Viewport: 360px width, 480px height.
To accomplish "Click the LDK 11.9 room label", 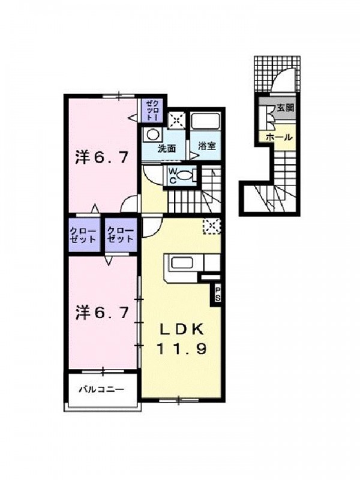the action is (181, 339).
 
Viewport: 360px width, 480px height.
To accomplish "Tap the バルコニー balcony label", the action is (102, 389).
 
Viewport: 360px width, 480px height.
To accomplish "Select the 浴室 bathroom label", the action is (207, 146).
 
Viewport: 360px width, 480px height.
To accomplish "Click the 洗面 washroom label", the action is (167, 149).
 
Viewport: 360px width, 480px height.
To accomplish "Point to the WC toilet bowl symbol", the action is (185, 176).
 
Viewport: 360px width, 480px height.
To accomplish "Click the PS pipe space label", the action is (218, 294).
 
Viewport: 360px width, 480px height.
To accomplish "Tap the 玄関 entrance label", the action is (286, 108).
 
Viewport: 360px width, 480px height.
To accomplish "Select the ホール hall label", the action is (279, 137).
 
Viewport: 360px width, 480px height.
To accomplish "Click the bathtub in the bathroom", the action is (205, 122).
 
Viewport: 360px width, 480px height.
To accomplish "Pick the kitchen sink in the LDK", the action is (182, 262).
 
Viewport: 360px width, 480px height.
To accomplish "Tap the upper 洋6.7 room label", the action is (101, 158).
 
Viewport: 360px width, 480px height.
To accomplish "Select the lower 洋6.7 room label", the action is (101, 313).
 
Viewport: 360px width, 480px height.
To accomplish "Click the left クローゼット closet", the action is (84, 235).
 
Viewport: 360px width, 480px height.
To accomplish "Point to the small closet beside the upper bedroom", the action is (152, 110).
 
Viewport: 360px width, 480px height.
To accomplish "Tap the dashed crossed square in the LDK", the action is (212, 226).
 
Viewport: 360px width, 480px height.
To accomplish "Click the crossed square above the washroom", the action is (177, 119).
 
